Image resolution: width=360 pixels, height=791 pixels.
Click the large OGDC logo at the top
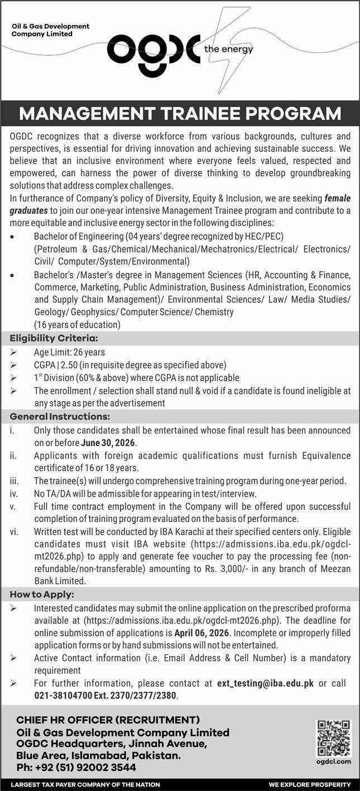(x=153, y=50)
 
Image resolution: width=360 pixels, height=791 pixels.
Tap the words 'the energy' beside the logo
(x=229, y=50)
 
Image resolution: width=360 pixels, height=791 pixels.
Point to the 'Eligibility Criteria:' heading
(x=54, y=337)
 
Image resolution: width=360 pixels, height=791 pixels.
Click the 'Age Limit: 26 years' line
(x=69, y=352)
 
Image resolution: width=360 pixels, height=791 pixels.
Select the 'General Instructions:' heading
(x=60, y=416)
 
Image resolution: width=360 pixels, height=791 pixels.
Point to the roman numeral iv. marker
(x=13, y=494)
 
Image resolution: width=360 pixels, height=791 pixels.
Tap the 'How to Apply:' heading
(x=42, y=595)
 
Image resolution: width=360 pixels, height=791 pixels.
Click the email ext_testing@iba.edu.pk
(x=265, y=683)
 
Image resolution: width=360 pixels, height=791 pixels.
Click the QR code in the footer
(x=334, y=737)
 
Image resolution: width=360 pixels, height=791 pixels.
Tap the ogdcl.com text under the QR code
(x=334, y=761)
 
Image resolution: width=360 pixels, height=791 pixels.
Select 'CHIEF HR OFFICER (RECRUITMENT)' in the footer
(x=108, y=720)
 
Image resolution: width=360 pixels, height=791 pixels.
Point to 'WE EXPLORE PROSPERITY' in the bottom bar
(x=309, y=784)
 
